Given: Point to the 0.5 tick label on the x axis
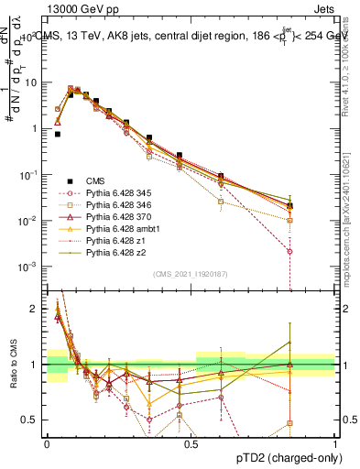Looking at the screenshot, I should (x=191, y=443).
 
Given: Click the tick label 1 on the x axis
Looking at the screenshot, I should (x=334, y=443).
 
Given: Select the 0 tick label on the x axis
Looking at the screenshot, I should (x=47, y=443).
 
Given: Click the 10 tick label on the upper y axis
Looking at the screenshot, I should (x=31, y=82).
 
